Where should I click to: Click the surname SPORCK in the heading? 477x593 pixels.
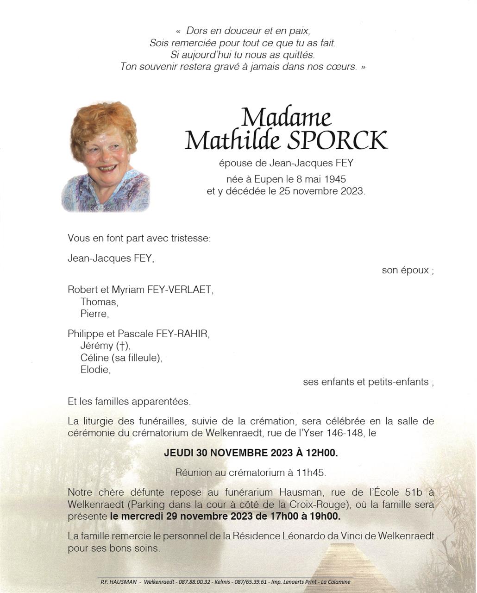coord(337,140)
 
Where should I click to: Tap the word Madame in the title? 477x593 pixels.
coord(286,118)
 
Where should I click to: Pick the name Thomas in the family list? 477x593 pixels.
coord(99,302)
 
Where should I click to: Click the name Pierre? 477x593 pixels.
coord(94,314)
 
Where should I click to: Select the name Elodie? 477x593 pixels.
coord(95,370)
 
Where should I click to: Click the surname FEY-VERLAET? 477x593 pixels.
coord(180,290)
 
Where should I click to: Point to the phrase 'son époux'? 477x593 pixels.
coord(405,270)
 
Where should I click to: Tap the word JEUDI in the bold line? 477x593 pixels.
coord(178,453)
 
